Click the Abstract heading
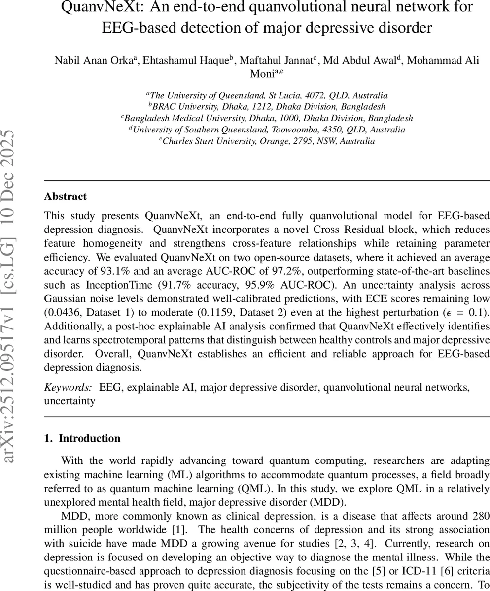[65, 197]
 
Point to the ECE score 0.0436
[62, 313]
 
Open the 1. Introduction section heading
[82, 439]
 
